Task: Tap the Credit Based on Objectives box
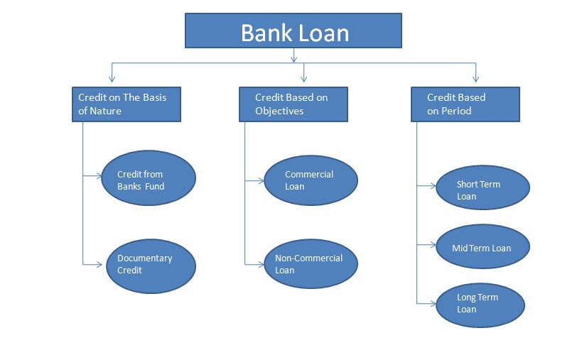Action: point(293,104)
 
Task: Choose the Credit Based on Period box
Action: point(465,104)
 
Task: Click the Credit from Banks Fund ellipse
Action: point(146,179)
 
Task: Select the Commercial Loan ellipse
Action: point(311,180)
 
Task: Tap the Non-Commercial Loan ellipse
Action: point(311,264)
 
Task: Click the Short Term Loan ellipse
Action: point(483,190)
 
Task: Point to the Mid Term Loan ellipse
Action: point(483,248)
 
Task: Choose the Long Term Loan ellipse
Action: point(480,303)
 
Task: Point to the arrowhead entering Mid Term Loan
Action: point(432,245)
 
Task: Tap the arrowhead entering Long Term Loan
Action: point(432,303)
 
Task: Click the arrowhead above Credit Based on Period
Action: point(476,78)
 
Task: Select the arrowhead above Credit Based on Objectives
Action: point(304,78)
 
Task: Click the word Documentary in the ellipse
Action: point(145,258)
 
